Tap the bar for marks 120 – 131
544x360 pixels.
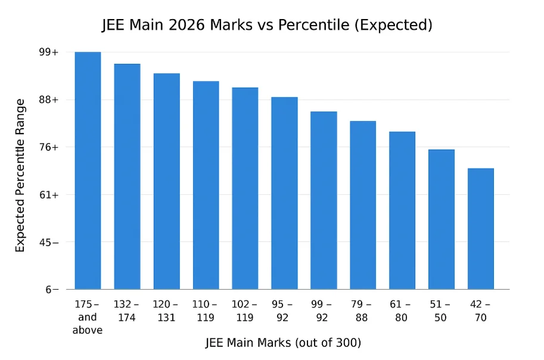(166, 181)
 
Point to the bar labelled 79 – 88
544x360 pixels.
(362, 205)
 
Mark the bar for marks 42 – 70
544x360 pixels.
(480, 229)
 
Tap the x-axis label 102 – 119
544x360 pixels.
(245, 311)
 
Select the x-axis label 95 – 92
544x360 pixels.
(284, 311)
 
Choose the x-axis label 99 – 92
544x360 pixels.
(323, 311)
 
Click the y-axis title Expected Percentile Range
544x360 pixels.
(20, 176)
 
